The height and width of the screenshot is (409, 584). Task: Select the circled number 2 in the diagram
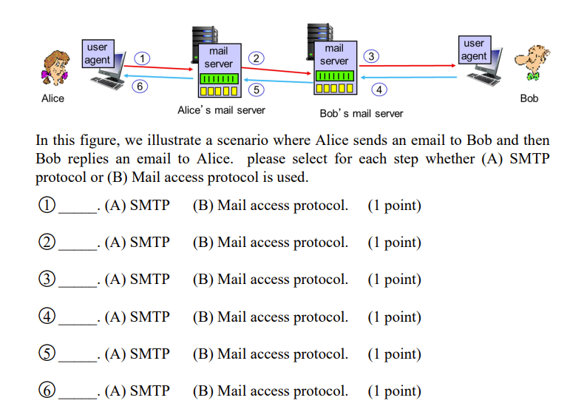tap(256, 58)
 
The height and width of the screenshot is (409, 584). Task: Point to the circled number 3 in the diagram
tap(372, 56)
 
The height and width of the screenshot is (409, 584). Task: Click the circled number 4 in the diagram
tap(379, 89)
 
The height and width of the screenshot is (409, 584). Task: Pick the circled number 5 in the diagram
tap(256, 89)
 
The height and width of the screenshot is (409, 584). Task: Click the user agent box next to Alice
tap(97, 53)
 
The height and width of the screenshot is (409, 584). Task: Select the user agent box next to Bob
tap(473, 50)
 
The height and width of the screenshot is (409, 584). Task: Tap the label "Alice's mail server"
tap(221, 110)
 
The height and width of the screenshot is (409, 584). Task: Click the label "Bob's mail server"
tap(361, 114)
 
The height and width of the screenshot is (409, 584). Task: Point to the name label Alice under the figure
tap(52, 98)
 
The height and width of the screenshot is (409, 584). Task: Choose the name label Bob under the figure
tap(529, 98)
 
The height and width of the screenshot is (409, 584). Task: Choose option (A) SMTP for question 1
tap(137, 206)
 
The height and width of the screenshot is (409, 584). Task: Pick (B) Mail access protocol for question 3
tap(270, 280)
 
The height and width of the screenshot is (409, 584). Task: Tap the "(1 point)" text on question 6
tap(394, 391)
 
